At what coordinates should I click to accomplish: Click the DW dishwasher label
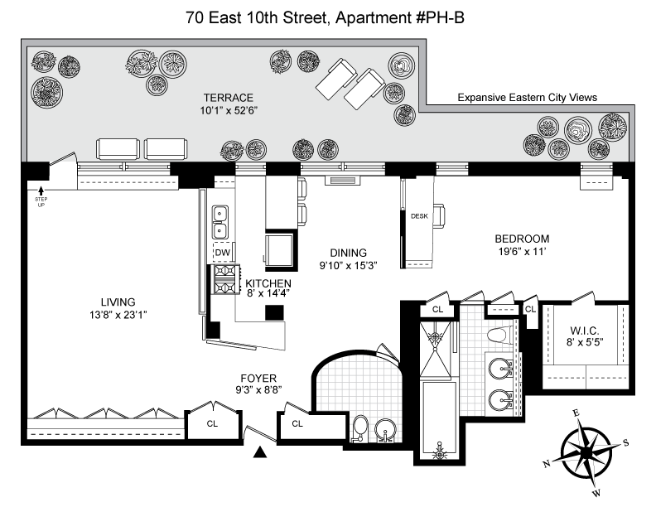coord(223,253)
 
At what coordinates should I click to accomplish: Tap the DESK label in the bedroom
coord(419,216)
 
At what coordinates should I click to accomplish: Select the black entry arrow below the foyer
coord(260,451)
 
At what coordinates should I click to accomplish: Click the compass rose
coord(587,453)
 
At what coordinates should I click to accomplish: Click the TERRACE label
coord(229,98)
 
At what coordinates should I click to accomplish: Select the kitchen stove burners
coord(225,279)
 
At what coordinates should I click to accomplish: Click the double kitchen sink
coord(220,222)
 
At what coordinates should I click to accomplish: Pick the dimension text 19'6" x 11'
coord(522,251)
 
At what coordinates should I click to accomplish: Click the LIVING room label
coord(118,302)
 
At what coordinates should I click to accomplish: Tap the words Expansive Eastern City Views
coord(527,98)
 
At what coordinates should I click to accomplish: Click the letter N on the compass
coord(547,463)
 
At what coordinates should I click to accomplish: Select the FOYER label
coord(258,379)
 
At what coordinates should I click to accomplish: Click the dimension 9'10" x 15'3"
coord(349,266)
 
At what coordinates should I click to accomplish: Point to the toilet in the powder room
coord(359,427)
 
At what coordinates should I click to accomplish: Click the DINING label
coord(349,253)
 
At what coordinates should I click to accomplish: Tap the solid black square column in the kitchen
coord(274,313)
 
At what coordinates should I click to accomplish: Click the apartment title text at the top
coord(325,18)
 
